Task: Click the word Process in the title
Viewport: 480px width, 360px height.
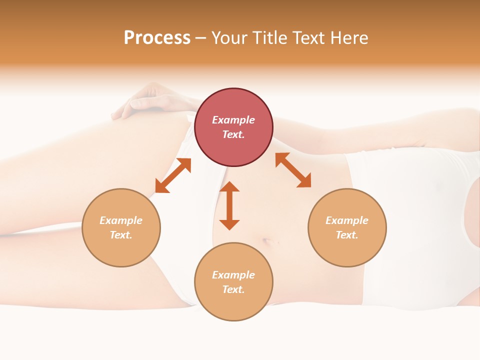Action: coord(157,38)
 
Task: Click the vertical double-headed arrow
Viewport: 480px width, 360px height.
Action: coord(229,205)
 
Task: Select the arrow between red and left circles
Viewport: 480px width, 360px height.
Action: coord(173,175)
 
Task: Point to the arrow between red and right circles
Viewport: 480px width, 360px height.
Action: coord(293,170)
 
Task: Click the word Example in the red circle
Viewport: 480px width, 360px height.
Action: coord(233,120)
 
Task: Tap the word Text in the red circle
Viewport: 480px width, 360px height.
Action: coord(233,134)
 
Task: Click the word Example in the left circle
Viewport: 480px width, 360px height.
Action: coord(121,220)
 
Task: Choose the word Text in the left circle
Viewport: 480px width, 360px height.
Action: coord(121,235)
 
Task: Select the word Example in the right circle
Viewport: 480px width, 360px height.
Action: coord(347,220)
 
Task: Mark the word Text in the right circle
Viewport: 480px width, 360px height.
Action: coord(347,235)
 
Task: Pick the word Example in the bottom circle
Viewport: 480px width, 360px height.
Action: coord(233,275)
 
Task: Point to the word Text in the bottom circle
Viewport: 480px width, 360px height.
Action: coord(233,289)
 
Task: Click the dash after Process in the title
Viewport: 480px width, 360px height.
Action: coord(200,38)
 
